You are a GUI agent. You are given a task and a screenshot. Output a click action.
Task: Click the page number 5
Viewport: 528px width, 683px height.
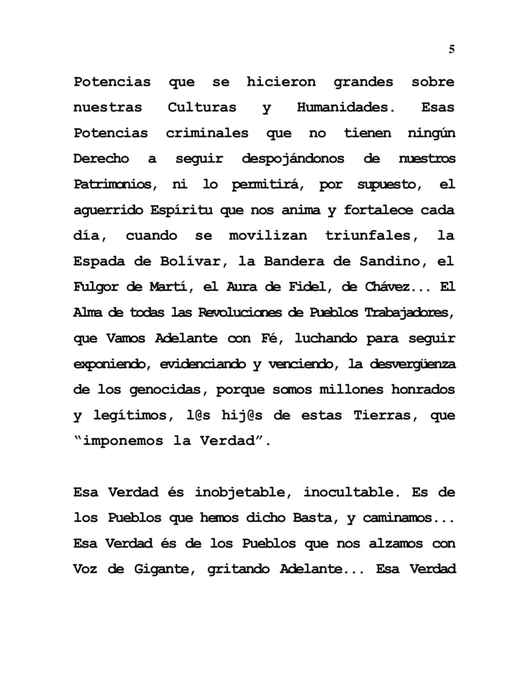click(x=451, y=49)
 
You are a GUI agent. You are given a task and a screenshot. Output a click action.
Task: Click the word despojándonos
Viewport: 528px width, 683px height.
click(x=293, y=159)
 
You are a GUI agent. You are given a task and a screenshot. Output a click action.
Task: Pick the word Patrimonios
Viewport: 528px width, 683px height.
click(x=114, y=185)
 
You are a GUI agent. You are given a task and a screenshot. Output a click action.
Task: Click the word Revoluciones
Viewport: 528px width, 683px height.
click(x=243, y=313)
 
